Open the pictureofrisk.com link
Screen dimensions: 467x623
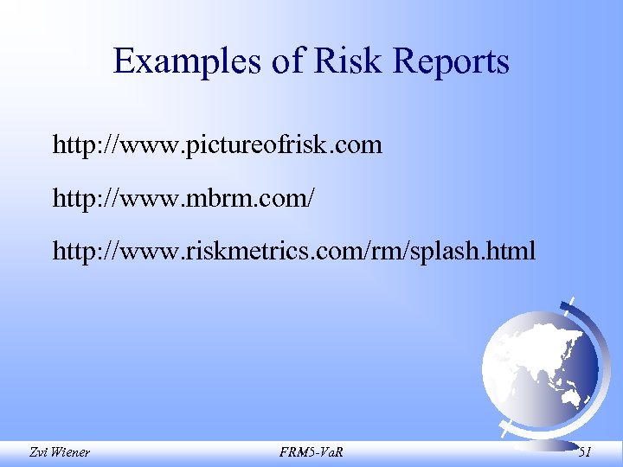(217, 144)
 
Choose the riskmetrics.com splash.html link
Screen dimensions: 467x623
(294, 252)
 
